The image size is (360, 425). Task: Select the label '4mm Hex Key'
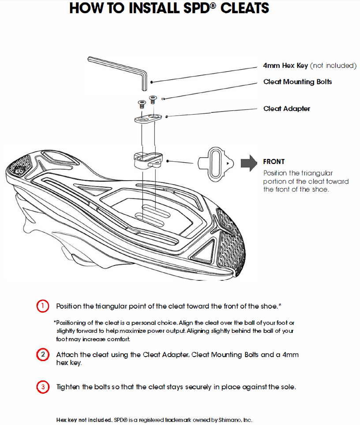pyautogui.click(x=285, y=66)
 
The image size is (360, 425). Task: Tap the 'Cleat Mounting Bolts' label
pyautogui.click(x=297, y=82)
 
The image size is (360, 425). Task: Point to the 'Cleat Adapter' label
pyautogui.click(x=286, y=109)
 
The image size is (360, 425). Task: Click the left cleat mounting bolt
pyautogui.click(x=141, y=104)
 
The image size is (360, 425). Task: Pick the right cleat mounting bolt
pyautogui.click(x=153, y=99)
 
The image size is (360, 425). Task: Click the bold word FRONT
pyautogui.click(x=274, y=162)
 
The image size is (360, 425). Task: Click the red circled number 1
pyautogui.click(x=42, y=306)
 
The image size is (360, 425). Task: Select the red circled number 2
pyautogui.click(x=42, y=355)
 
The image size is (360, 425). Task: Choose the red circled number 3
pyautogui.click(x=42, y=387)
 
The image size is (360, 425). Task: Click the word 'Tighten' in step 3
pyautogui.click(x=68, y=387)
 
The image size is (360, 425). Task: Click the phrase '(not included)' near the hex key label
pyautogui.click(x=334, y=66)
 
